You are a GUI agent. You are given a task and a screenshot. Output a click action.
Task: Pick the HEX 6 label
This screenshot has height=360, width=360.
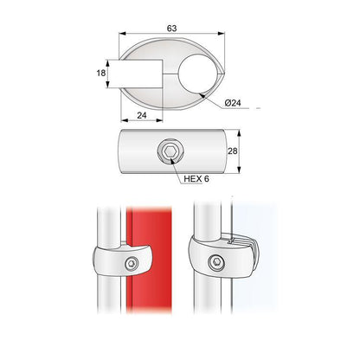coord(196,179)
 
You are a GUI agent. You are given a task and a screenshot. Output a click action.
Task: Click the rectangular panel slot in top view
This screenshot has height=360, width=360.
coord(138,75)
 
